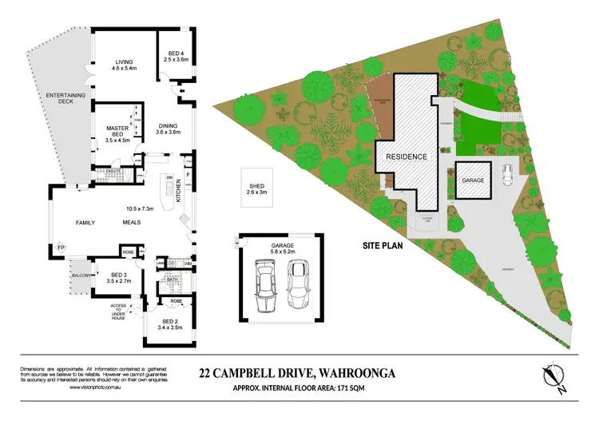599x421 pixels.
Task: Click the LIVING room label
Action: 123,62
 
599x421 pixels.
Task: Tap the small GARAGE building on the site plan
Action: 473,181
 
